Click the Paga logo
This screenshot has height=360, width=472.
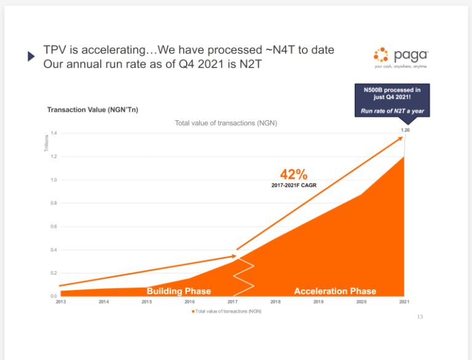(401, 57)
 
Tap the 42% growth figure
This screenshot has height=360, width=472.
(293, 174)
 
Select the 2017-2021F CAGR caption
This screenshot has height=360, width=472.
(294, 185)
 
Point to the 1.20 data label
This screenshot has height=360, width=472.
(405, 130)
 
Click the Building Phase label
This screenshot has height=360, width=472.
(178, 291)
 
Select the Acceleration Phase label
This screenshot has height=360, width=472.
(335, 291)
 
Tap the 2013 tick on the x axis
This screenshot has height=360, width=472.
(61, 302)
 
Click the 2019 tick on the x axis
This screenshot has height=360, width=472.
(318, 302)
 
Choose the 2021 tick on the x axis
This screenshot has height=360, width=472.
(404, 302)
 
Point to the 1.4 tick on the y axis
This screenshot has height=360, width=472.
(53, 133)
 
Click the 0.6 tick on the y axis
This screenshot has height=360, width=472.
(53, 226)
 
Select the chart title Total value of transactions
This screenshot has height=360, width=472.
(226, 123)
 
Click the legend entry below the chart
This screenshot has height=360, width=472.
(227, 311)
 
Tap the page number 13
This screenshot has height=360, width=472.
(420, 317)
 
